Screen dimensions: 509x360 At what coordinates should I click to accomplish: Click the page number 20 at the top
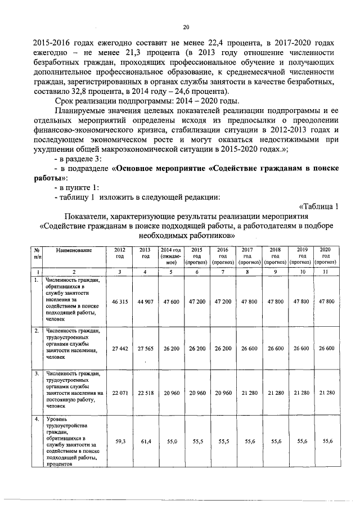tap(186, 28)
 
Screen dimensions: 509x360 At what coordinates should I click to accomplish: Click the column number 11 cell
tap(325, 272)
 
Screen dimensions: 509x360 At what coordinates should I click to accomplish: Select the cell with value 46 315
tap(119, 301)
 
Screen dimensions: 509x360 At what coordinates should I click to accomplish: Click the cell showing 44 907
tap(145, 301)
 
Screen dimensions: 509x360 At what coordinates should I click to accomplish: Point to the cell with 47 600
tap(171, 301)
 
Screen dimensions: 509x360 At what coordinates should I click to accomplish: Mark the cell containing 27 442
tap(119, 349)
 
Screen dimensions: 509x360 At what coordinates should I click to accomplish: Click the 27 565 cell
tap(145, 349)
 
